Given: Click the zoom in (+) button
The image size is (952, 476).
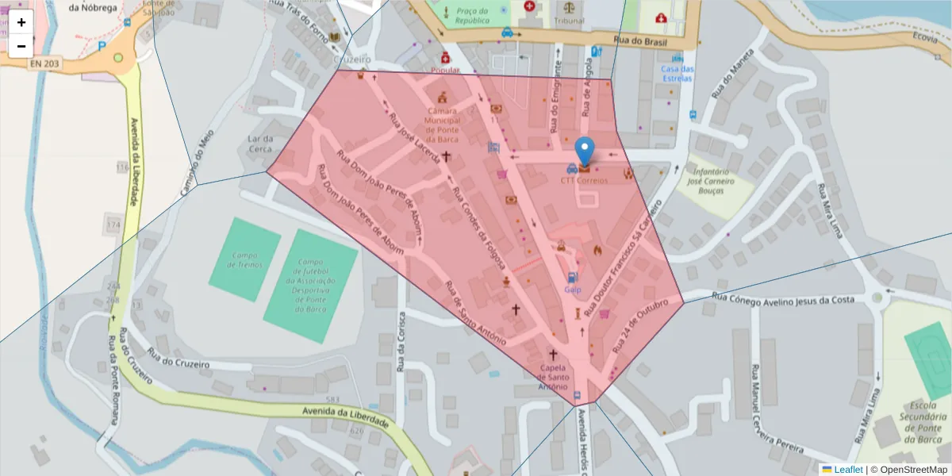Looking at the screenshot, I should click(x=21, y=22).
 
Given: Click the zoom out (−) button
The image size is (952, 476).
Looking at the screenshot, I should click(x=21, y=46).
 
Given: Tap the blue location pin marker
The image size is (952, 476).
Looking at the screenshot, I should click(x=585, y=151).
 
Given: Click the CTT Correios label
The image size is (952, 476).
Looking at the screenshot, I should click(x=584, y=181).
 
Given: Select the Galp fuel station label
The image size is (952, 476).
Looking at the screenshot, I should click(x=573, y=290).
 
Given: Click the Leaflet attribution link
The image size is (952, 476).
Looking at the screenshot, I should click(x=848, y=470).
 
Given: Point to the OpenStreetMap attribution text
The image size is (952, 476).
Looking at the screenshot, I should click(x=912, y=470).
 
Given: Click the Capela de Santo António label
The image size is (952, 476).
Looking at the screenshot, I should click(x=553, y=377).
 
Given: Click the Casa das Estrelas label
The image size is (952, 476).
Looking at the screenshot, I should click(x=678, y=73).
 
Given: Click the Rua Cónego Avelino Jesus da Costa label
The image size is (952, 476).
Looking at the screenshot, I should click(x=783, y=298).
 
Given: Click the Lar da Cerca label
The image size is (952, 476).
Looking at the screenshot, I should click(x=260, y=144).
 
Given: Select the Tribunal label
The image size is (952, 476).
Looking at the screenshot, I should click(x=570, y=21).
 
